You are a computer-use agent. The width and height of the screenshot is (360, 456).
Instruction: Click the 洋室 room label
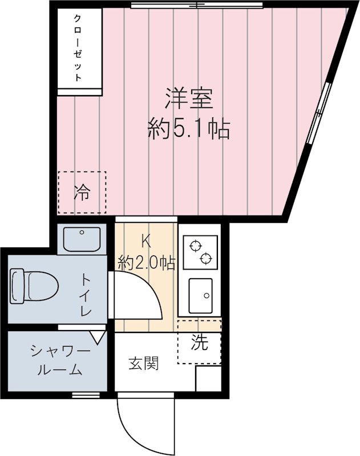coord(189,99)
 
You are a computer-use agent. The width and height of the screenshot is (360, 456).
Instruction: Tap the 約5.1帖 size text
coord(188,130)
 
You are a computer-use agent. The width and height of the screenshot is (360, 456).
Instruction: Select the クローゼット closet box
coord(79,48)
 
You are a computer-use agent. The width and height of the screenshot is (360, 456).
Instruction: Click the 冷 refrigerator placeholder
coord(82,193)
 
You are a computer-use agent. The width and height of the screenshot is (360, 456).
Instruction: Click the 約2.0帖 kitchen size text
coord(146,263)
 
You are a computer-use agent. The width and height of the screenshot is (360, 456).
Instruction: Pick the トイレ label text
coord(85,295)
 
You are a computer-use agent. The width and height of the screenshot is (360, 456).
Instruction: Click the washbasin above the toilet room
coord(81,239)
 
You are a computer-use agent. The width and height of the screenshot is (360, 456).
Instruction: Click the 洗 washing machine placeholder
coord(199,343)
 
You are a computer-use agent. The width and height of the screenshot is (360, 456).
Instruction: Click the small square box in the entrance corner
coord(208,378)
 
